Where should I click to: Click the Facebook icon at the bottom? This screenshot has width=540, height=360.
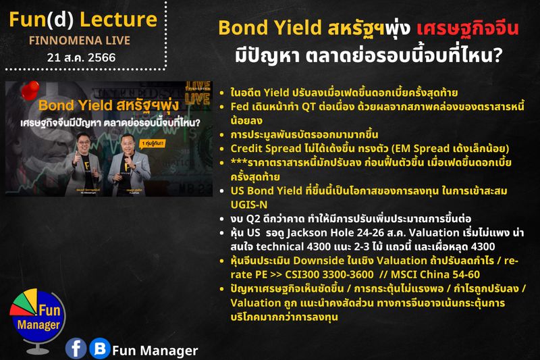(x=76, y=348)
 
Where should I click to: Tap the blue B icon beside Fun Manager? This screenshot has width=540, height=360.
(x=100, y=348)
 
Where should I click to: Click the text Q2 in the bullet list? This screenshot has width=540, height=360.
(x=256, y=218)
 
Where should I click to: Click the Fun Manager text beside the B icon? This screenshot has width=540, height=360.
(x=155, y=350)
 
